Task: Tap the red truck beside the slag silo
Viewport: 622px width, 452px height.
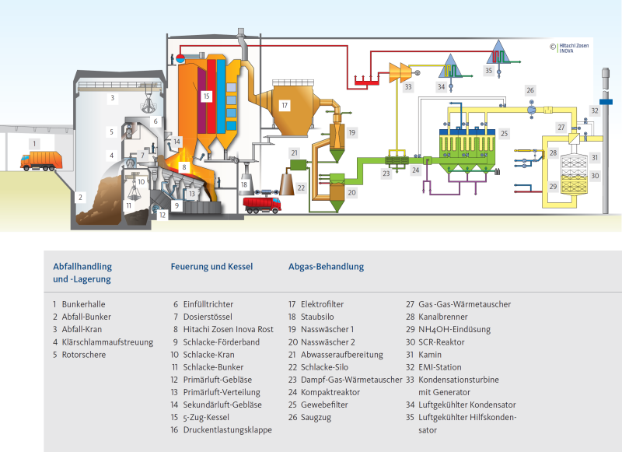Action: tap(261, 205)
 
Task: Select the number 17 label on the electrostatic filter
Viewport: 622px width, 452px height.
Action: tap(285, 105)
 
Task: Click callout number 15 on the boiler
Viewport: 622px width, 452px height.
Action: tap(205, 96)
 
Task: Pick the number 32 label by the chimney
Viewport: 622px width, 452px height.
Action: tap(594, 111)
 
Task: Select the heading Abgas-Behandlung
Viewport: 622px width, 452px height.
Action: tap(326, 267)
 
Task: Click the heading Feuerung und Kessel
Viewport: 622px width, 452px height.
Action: tap(211, 267)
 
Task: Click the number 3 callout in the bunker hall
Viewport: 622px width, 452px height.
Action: tap(112, 98)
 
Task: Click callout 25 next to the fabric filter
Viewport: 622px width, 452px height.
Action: tap(504, 134)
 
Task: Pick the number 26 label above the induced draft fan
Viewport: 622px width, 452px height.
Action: tap(529, 90)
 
